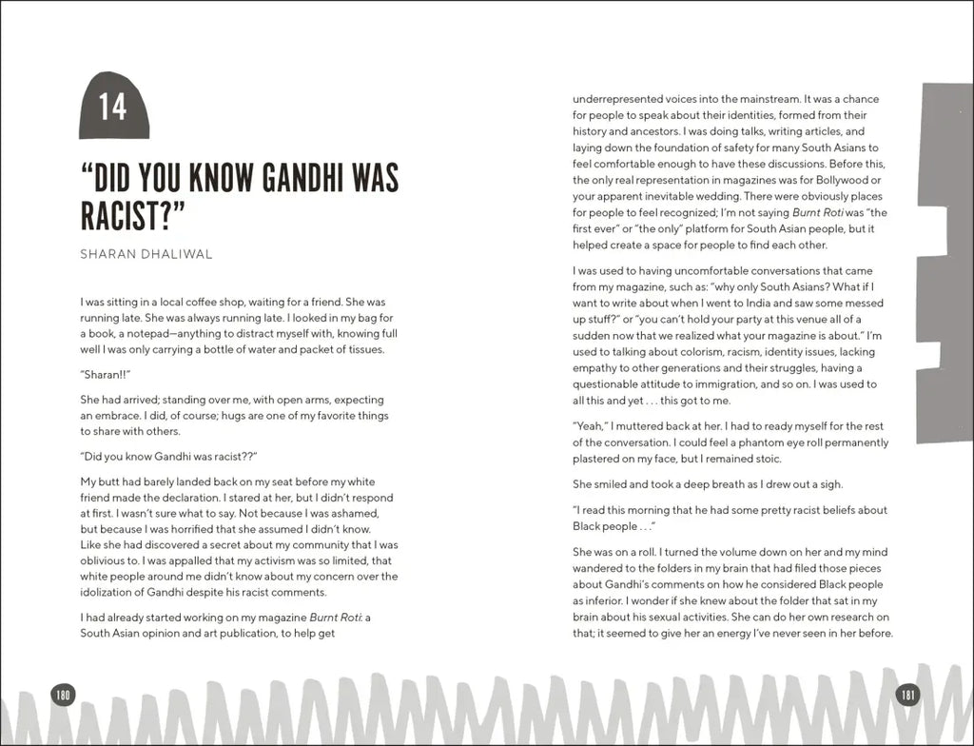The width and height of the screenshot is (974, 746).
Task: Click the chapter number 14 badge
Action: pos(113,106)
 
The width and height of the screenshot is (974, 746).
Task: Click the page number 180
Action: pos(63,693)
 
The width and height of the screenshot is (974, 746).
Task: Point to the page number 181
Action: pos(907,693)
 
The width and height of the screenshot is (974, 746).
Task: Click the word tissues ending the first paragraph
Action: pos(364,349)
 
